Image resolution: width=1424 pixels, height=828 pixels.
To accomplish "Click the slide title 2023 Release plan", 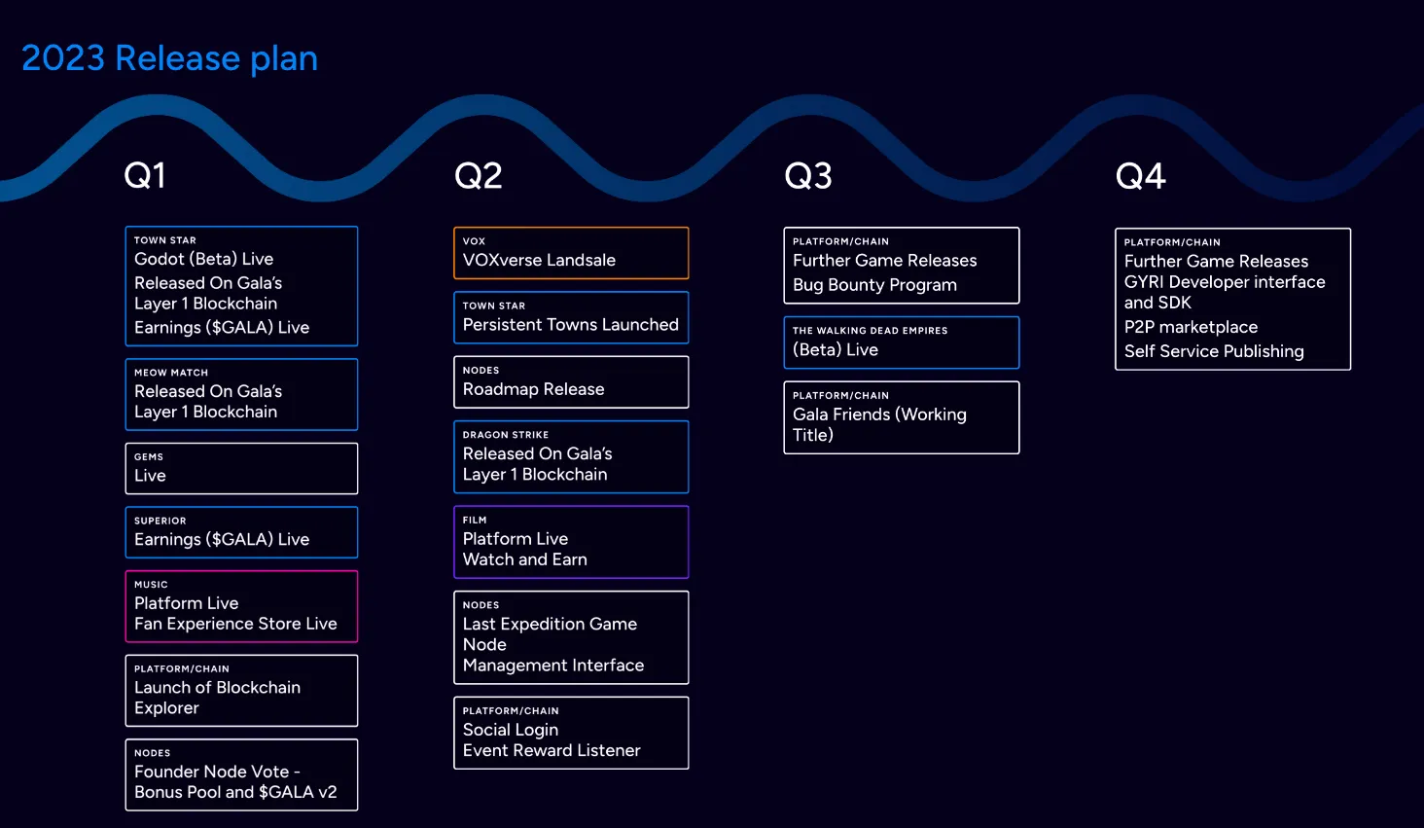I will point(169,58).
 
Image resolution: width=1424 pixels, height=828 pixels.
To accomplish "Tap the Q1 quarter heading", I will point(145,176).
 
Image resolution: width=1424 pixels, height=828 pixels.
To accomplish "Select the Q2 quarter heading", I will point(478,176).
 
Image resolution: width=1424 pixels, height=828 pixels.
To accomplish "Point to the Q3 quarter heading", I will point(808,176).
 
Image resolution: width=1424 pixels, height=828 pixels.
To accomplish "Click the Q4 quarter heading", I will point(1140,176).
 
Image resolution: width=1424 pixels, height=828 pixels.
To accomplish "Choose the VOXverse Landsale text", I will point(539,261).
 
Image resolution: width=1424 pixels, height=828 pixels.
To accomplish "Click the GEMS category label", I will point(149,457).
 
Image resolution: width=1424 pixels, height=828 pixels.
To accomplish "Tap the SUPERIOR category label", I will point(160,522).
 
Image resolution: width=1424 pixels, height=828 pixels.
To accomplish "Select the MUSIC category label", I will point(151,585).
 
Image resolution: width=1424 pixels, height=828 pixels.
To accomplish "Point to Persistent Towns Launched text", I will point(570,325).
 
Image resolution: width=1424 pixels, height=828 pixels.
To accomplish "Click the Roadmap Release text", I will point(533,389).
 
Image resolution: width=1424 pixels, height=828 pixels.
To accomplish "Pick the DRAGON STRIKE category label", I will point(505,435).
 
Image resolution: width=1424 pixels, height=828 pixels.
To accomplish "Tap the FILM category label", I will point(475,521).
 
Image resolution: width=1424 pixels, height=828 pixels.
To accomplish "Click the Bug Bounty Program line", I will point(874,285).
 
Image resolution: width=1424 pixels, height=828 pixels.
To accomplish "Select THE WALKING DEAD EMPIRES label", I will point(870,331).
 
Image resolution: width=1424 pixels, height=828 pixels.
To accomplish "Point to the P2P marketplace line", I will point(1191,328).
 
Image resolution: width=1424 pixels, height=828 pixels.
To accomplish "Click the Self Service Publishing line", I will point(1214,351).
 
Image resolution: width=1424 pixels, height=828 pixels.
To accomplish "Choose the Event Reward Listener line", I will point(552,751).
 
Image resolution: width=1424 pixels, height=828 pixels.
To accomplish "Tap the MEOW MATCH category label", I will point(171,373).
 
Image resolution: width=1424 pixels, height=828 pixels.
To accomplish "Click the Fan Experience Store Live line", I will point(235,625).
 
